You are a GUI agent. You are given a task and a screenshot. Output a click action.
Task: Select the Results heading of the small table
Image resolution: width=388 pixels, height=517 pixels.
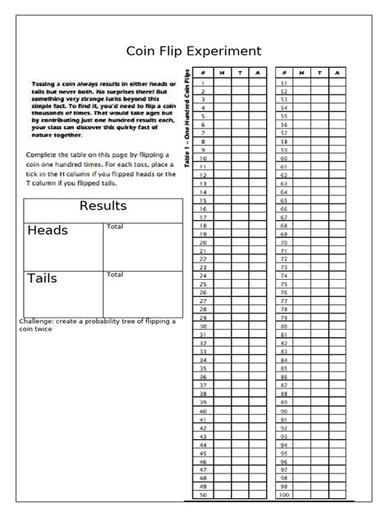[x=102, y=205]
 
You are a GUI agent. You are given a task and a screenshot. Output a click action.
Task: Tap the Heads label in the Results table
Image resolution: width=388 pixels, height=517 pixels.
[x=47, y=231]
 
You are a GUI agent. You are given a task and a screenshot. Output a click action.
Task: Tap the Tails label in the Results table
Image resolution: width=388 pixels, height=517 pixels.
[x=43, y=279]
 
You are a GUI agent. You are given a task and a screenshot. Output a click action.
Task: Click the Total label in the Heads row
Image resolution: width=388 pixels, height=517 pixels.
[x=115, y=227]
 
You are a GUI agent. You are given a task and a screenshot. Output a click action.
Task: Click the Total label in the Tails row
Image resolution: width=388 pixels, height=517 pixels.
[x=115, y=275]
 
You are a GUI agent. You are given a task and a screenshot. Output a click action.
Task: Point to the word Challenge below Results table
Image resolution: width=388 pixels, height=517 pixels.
[x=38, y=321]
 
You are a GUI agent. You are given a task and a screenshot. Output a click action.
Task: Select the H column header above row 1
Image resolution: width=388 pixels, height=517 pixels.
[x=221, y=74]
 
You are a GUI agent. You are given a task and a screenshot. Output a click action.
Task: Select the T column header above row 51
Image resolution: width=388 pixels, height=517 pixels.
[x=319, y=74]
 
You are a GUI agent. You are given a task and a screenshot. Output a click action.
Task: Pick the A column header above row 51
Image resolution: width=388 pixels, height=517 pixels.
[x=337, y=74]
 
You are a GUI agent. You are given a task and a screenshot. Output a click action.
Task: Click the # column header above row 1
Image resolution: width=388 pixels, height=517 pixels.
[x=202, y=74]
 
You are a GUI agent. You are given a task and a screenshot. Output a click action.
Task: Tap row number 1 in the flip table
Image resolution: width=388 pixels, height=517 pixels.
[x=202, y=83]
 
